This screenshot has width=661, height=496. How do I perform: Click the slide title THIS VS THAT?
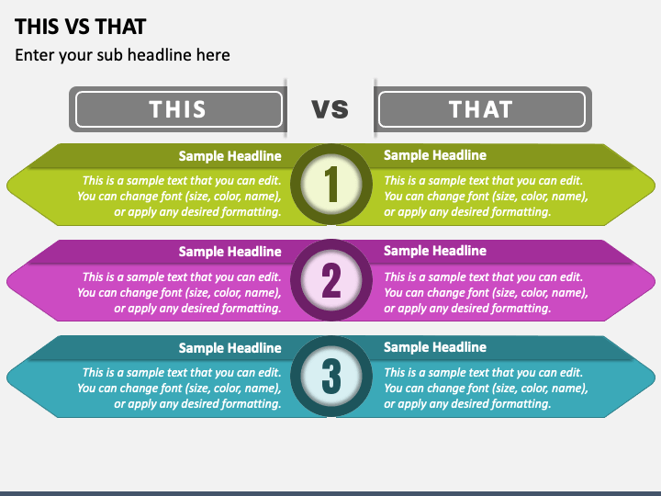(x=81, y=26)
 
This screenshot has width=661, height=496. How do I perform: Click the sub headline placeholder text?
(x=122, y=55)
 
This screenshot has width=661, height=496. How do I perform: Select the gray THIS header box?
(x=178, y=109)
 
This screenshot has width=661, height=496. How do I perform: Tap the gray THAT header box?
(x=481, y=109)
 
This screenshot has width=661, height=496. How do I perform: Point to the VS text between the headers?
(x=330, y=109)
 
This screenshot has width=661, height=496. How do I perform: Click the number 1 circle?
(x=331, y=185)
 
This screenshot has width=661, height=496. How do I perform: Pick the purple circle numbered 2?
(x=331, y=280)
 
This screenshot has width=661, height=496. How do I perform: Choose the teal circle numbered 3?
(x=331, y=376)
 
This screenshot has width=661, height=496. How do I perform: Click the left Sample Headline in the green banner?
(x=230, y=156)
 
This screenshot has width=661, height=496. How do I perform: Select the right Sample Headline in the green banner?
(x=435, y=155)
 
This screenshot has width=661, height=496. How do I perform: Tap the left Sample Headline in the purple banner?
(x=230, y=252)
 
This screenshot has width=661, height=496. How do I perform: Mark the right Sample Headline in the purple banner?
(x=435, y=251)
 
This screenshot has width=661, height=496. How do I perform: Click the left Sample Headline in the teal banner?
(x=230, y=348)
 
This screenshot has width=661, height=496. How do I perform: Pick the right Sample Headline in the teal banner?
(x=435, y=347)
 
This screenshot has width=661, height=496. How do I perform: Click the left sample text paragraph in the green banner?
(x=180, y=197)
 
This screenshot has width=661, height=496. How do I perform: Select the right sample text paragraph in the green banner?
(x=486, y=197)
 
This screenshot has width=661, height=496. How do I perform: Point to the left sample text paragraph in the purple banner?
(x=180, y=293)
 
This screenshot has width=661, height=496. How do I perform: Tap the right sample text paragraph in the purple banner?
(x=486, y=293)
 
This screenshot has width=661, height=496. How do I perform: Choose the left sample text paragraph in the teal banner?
(x=180, y=389)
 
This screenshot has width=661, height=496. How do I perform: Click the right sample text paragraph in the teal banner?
(x=486, y=389)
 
